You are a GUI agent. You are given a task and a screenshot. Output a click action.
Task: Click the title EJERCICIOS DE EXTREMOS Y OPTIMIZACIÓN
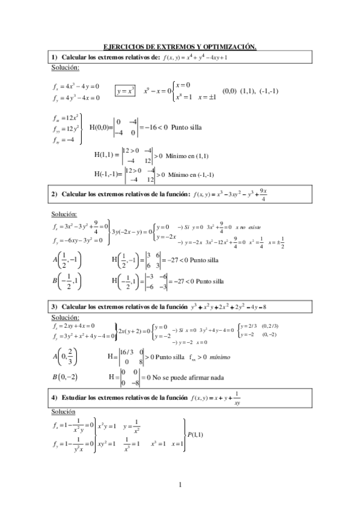(x=180, y=46)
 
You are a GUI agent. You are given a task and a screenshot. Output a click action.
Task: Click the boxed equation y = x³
(x=126, y=91)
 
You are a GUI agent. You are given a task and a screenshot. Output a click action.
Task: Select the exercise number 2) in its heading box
(x=53, y=194)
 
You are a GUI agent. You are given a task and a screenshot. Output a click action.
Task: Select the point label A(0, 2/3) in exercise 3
(x=65, y=357)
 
